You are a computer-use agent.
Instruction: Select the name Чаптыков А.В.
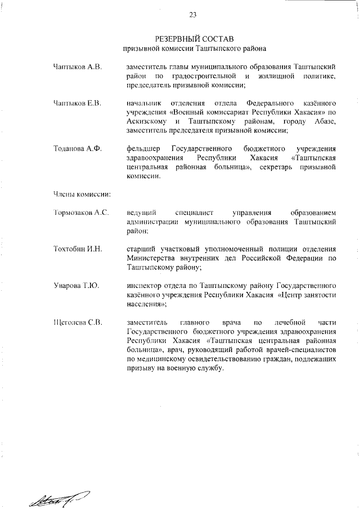[x=77, y=67]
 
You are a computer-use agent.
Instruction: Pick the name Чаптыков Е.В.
[x=77, y=104]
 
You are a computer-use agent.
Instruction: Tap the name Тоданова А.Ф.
[x=77, y=149]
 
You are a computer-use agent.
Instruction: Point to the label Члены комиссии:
[x=80, y=194]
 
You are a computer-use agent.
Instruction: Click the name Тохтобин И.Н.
[x=78, y=249]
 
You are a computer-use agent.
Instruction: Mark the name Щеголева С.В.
[x=78, y=322]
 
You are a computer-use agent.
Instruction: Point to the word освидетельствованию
[x=210, y=358]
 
